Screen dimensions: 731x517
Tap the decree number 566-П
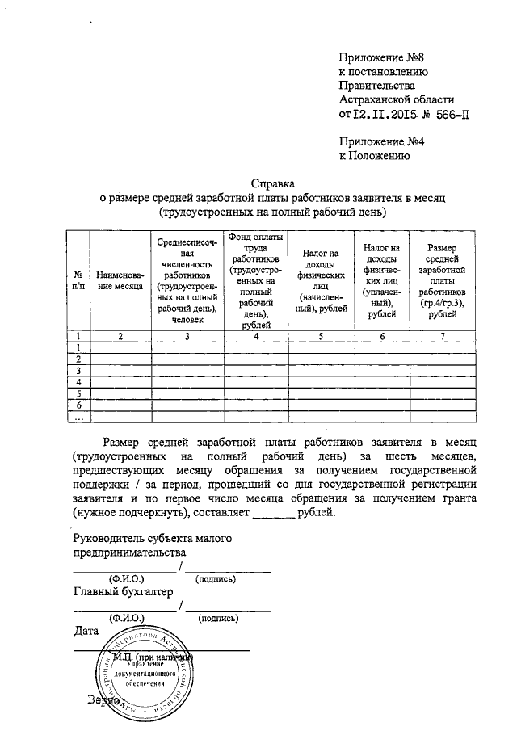pos(448,115)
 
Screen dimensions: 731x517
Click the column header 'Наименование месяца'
pos(120,280)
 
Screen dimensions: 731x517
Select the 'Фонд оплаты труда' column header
pos(255,279)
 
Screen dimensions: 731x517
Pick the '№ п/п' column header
pos(78,280)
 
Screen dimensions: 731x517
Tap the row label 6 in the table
pos(78,405)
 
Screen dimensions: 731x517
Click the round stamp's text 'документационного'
pos(145,672)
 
